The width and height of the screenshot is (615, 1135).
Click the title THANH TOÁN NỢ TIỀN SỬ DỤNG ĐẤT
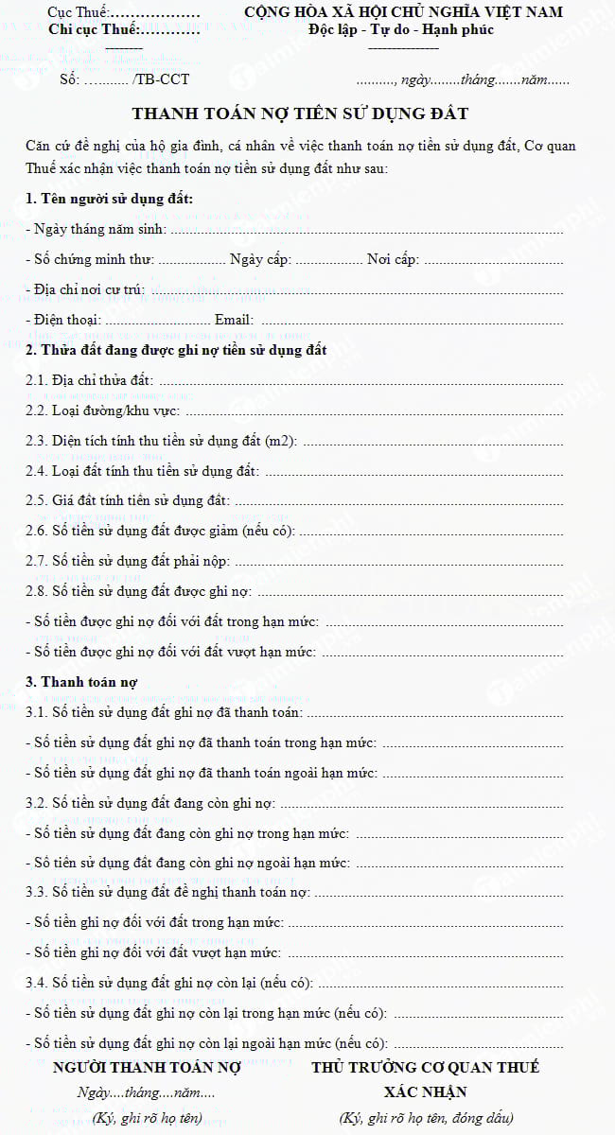[300, 114]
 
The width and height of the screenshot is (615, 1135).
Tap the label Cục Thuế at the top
[79, 12]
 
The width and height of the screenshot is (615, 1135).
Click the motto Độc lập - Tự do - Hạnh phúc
[401, 29]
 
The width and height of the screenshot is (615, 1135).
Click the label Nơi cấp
[393, 259]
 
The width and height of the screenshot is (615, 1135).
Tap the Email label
[234, 320]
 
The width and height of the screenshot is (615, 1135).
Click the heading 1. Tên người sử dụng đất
[110, 199]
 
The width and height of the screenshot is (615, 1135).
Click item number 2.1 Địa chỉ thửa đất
[89, 380]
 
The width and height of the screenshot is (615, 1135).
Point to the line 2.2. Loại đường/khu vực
[102, 410]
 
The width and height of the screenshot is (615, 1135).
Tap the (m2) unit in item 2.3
[281, 441]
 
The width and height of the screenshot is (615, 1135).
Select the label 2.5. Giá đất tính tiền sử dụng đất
[127, 501]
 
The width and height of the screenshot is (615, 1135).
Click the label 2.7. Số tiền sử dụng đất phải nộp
[127, 561]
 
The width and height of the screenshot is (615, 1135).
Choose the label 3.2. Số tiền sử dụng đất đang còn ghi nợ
[149, 803]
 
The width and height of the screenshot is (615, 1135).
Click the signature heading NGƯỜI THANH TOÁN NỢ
[147, 1067]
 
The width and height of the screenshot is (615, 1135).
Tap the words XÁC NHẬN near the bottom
[425, 1091]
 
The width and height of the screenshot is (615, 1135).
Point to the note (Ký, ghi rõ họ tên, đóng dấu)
[426, 1118]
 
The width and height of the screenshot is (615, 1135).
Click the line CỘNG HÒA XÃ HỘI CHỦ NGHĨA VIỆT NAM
[403, 12]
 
